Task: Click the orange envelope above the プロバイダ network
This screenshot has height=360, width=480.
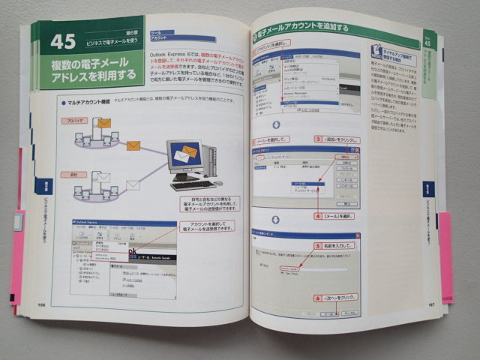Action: point(103,122)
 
